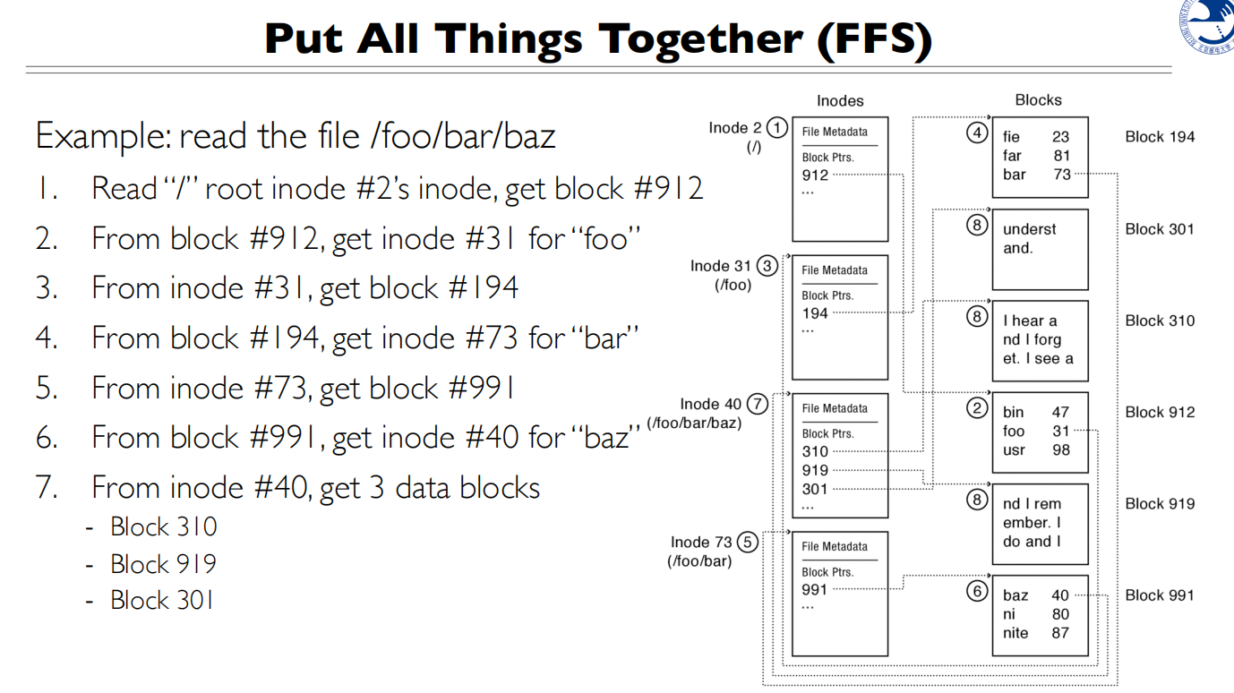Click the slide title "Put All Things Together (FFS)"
tap(598, 38)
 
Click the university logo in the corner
tap(1210, 27)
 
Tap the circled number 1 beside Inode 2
tap(777, 127)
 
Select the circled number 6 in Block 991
tap(977, 591)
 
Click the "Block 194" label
tap(1160, 137)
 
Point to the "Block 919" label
tap(1160, 503)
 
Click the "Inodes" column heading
tap(840, 101)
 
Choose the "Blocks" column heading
tap(1038, 100)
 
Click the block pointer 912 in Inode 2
tap(815, 175)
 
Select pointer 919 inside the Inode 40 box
tap(815, 470)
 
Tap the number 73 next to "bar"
tap(1062, 175)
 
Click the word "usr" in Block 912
tap(1014, 449)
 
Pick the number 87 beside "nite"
tap(1060, 633)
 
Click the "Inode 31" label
tap(720, 266)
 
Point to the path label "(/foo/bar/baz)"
tap(694, 423)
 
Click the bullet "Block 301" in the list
tap(162, 600)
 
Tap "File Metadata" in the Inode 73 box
tap(835, 546)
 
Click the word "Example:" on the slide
tap(102, 136)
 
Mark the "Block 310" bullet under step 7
tap(163, 526)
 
